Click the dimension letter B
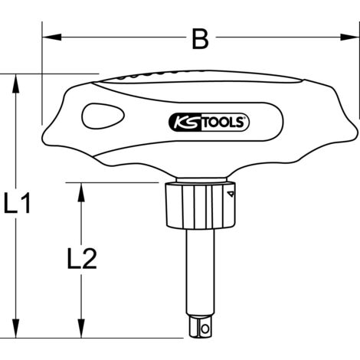200,39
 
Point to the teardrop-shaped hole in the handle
101,118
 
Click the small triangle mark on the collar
227,199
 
